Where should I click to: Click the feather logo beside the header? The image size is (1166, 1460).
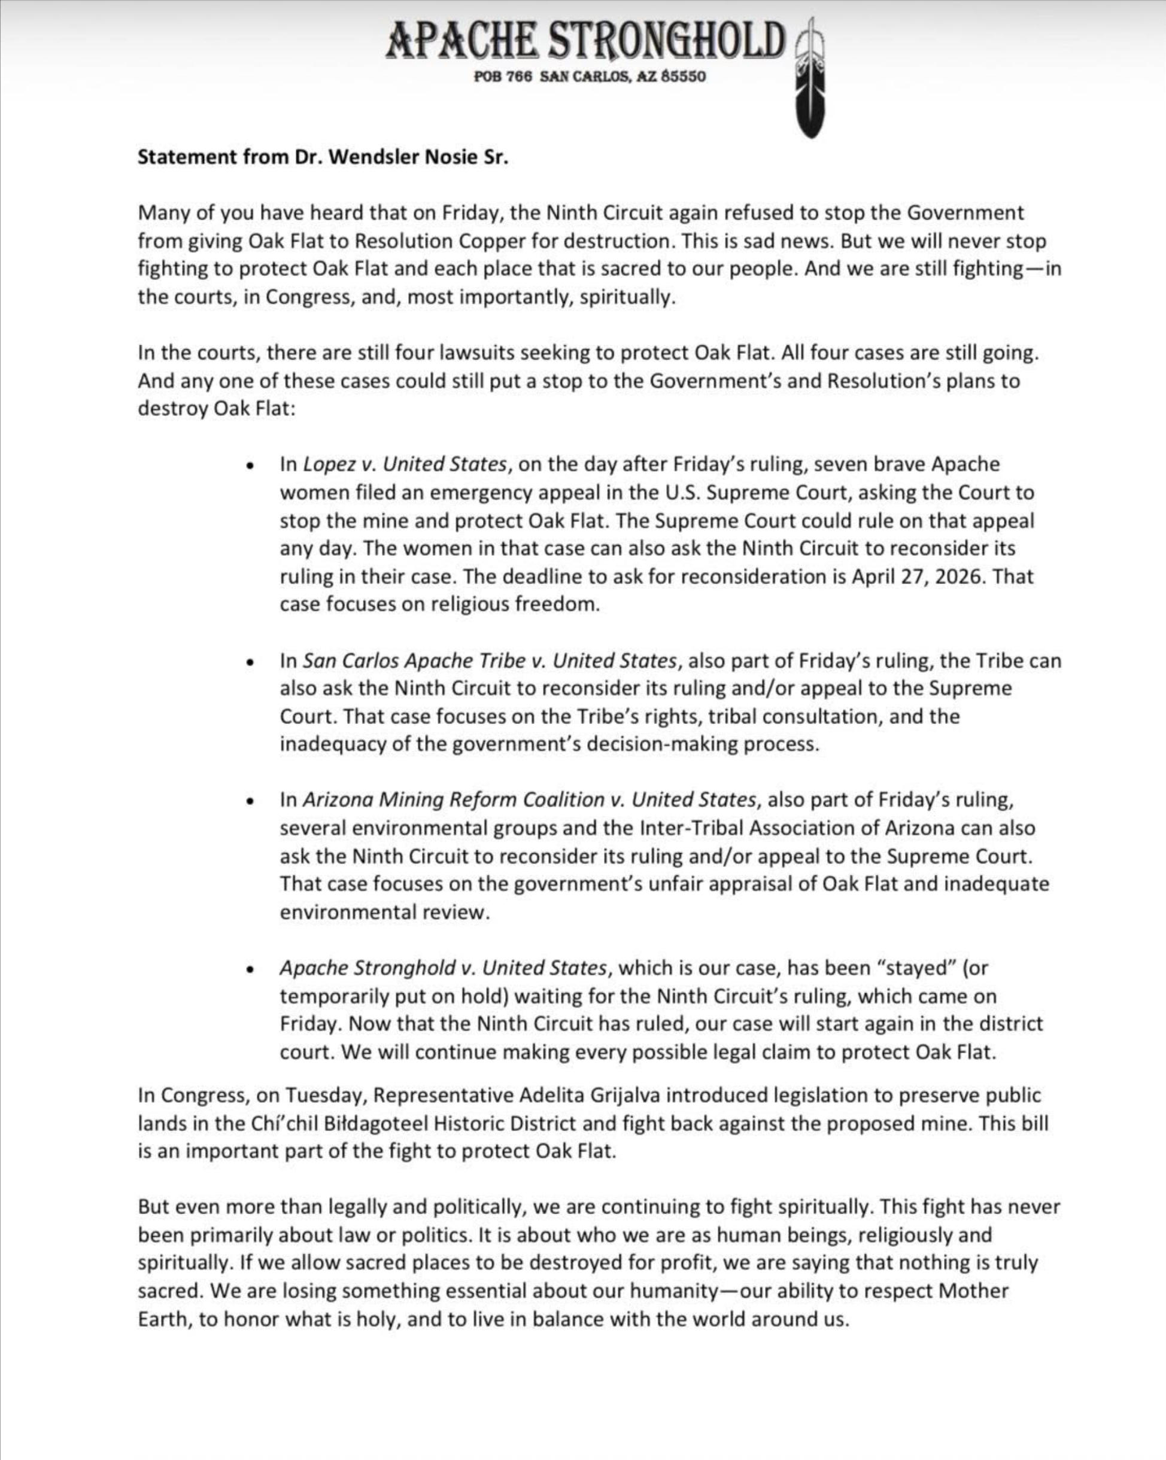point(810,81)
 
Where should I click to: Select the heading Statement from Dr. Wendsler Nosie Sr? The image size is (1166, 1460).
point(323,157)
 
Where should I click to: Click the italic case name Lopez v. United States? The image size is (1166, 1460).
point(405,464)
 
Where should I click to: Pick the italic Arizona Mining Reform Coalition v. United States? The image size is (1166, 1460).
point(529,800)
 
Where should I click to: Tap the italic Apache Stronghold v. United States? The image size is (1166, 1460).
point(443,968)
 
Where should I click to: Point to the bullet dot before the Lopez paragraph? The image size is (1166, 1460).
point(251,466)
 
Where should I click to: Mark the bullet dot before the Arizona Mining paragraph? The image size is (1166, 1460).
point(251,801)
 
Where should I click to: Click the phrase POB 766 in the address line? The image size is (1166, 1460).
point(503,77)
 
